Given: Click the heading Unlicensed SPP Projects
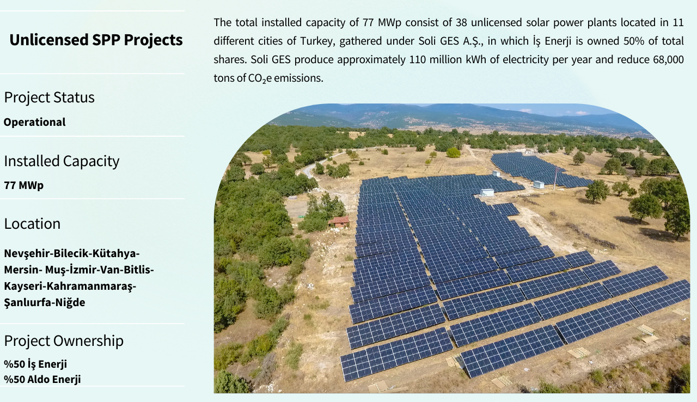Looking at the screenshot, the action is tap(96, 40).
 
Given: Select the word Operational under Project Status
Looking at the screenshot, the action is tap(34, 122).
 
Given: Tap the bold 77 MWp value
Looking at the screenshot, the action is tap(23, 185).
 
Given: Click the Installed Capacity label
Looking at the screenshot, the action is tap(62, 161).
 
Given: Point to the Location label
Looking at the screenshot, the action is tap(32, 224).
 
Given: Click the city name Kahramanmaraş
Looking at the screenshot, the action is tap(91, 286).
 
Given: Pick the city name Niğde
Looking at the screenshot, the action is tap(70, 302).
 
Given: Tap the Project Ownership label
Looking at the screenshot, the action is tap(64, 340).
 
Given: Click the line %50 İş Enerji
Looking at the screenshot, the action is tap(35, 364).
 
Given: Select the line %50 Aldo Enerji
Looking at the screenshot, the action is tap(42, 379).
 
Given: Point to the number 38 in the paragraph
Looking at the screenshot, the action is tap(462, 22).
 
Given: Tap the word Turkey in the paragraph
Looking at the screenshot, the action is tap(317, 41).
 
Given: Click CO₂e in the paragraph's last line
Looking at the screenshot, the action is tap(260, 78).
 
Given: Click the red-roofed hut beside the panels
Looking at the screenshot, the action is tap(339, 222).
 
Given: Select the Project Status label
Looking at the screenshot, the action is tap(49, 98).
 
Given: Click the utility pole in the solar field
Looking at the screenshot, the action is tap(555, 178).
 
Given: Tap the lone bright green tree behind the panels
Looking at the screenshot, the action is tap(454, 153).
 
